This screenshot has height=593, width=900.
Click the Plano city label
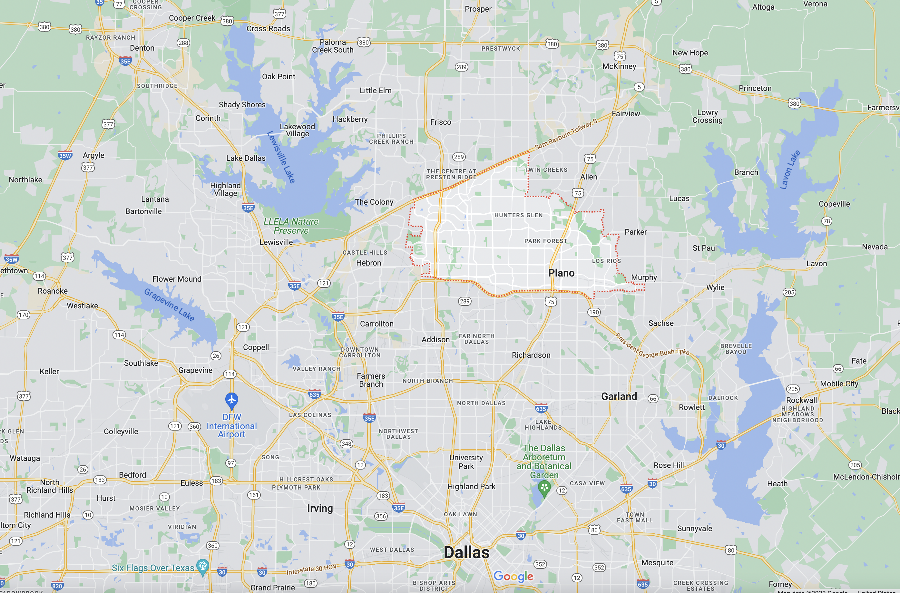coord(561,273)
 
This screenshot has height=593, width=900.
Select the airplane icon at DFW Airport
coord(231,399)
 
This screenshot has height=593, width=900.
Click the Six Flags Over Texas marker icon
coord(203,566)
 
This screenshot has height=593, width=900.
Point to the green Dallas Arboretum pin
coord(544,488)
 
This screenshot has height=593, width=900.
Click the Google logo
coord(513,576)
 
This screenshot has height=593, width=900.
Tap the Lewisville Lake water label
coord(281,157)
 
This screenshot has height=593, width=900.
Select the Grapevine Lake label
coord(170,305)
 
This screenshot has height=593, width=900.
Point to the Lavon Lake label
coord(790,170)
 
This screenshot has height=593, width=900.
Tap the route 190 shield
coord(594,312)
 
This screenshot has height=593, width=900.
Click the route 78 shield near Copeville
coord(827,221)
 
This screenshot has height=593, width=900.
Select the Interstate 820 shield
coord(57,586)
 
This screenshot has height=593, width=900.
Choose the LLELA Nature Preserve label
coord(291,226)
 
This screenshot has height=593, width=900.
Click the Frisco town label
coord(441,122)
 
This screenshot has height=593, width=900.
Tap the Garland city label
coord(619,396)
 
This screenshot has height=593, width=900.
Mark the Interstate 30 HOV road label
coord(311,569)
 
